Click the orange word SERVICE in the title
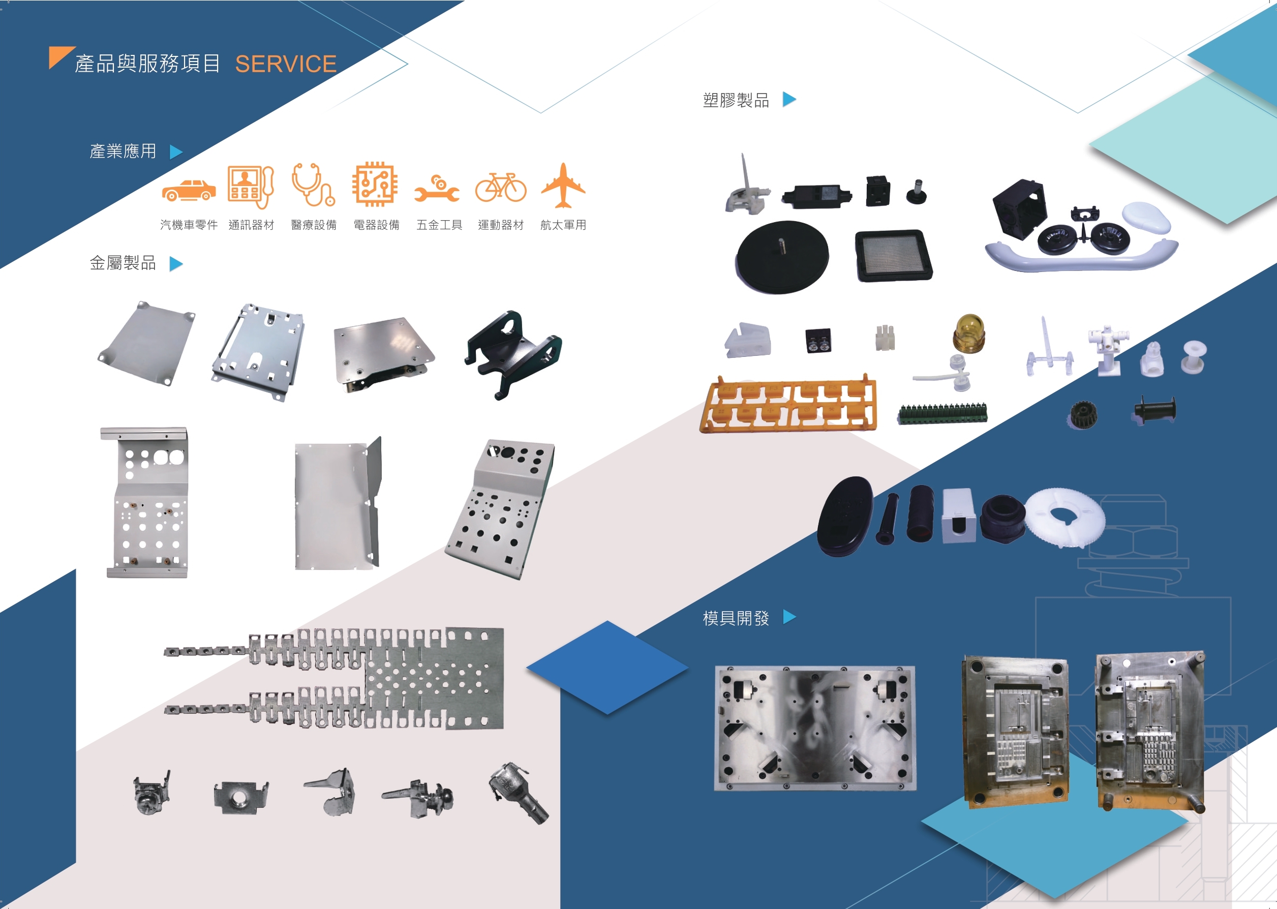[286, 65]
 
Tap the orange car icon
[189, 190]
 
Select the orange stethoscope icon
[313, 185]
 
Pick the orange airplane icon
[563, 185]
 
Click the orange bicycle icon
[501, 187]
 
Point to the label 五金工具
[439, 225]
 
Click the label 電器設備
[377, 225]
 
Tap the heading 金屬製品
[123, 263]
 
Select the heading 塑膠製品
[736, 100]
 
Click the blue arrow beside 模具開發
[789, 617]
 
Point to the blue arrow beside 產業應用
[176, 152]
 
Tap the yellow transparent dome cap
[968, 334]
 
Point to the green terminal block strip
[942, 414]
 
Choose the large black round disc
[782, 257]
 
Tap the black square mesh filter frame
[894, 256]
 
